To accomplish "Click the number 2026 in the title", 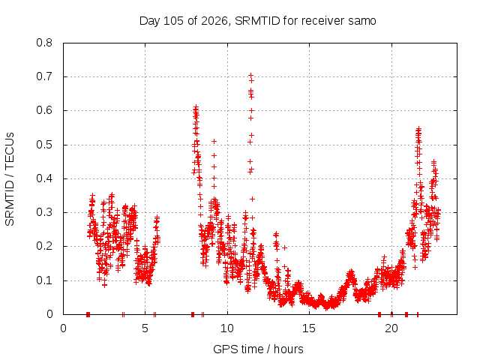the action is click(214, 21).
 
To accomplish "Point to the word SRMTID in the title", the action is click(257, 21).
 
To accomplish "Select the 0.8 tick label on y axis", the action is click(44, 43).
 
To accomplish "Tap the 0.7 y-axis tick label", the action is click(44, 76).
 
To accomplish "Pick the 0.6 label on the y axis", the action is click(44, 110).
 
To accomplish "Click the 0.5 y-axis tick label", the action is click(44, 145).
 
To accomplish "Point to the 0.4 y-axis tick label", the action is click(44, 178).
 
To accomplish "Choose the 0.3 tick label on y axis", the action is click(44, 212).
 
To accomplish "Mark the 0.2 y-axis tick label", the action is click(44, 246).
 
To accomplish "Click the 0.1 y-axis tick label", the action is click(44, 280).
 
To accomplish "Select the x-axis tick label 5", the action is click(145, 328).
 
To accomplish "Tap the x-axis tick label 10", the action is click(227, 328).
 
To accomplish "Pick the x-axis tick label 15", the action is click(309, 328).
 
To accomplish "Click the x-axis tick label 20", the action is click(391, 328).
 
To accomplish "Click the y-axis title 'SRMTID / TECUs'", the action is click(10, 179).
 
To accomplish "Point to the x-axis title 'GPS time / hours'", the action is click(258, 349).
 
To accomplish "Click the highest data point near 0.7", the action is click(250, 75).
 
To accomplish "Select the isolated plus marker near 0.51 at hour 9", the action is click(214, 142).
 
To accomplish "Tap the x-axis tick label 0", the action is click(63, 328).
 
